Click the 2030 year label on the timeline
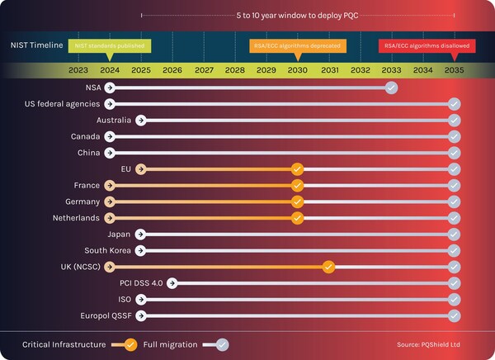[297, 70]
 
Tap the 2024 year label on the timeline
[110, 70]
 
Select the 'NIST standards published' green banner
[108, 46]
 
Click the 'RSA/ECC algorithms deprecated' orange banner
[295, 46]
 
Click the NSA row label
[92, 88]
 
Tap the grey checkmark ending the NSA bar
[391, 88]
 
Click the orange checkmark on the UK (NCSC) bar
[328, 267]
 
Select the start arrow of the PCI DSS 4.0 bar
[172, 283]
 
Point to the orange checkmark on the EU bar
[297, 169]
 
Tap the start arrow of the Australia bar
[141, 121]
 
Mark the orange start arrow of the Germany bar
[110, 201]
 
